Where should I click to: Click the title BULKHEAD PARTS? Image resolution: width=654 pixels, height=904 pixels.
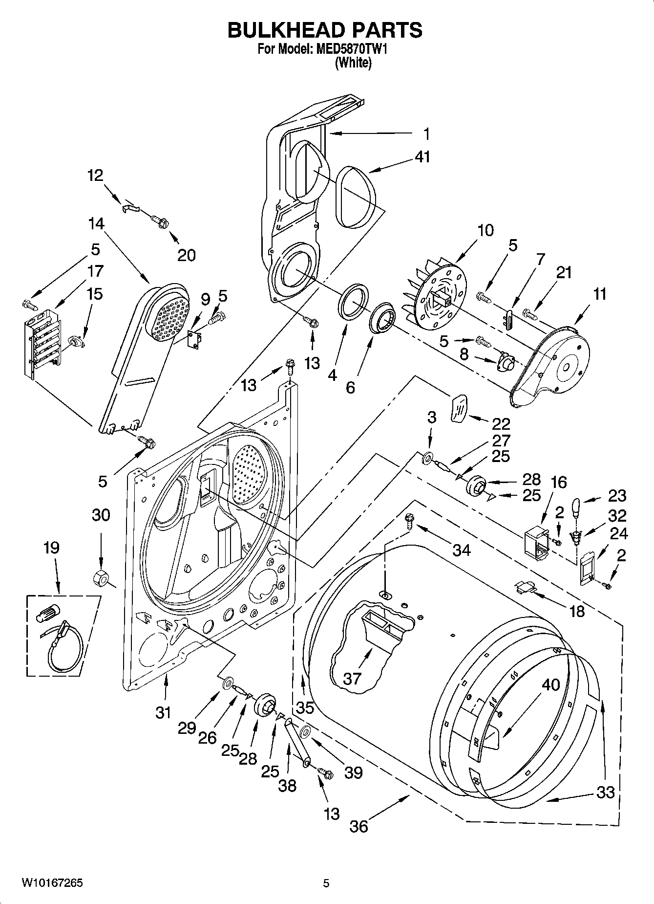325,30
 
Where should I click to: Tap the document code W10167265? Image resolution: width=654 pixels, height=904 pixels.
52,883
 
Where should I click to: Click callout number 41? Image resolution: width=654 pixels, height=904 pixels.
422,157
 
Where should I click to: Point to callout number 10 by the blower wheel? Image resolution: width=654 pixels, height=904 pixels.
485,230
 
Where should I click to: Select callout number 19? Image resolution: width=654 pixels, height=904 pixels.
52,548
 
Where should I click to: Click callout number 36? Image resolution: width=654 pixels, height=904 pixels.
359,826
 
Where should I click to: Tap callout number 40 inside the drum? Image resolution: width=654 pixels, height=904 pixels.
550,685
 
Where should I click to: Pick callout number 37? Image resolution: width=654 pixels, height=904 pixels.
352,678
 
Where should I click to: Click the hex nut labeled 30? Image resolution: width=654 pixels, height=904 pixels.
101,576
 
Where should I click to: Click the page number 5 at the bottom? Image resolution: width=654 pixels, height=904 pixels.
326,883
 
